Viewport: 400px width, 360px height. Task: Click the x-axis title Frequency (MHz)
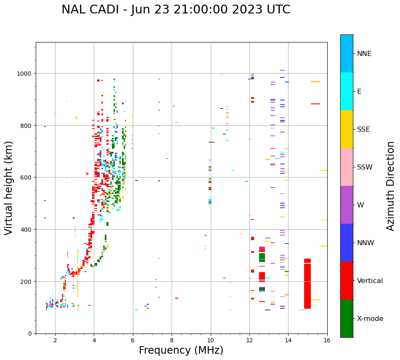(x=181, y=350)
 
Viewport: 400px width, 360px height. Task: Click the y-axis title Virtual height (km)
(x=9, y=188)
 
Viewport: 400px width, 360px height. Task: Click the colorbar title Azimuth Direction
(x=391, y=186)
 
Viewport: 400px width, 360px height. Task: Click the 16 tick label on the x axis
(x=327, y=341)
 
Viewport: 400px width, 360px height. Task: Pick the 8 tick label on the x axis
(x=172, y=341)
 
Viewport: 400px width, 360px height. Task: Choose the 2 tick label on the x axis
(x=55, y=341)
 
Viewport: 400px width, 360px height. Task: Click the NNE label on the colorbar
(x=364, y=53)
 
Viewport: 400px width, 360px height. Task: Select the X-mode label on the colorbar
(x=370, y=319)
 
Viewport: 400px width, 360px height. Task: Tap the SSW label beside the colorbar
(x=365, y=167)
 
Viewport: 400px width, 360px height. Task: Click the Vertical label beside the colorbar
(x=370, y=281)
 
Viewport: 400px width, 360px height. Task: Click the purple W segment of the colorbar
(x=347, y=205)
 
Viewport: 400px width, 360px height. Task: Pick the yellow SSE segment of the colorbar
(x=347, y=129)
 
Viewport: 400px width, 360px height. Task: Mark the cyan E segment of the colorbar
(x=347, y=91)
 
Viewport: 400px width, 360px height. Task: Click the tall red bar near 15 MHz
(x=307, y=284)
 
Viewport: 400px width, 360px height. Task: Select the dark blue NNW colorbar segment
(x=347, y=243)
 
